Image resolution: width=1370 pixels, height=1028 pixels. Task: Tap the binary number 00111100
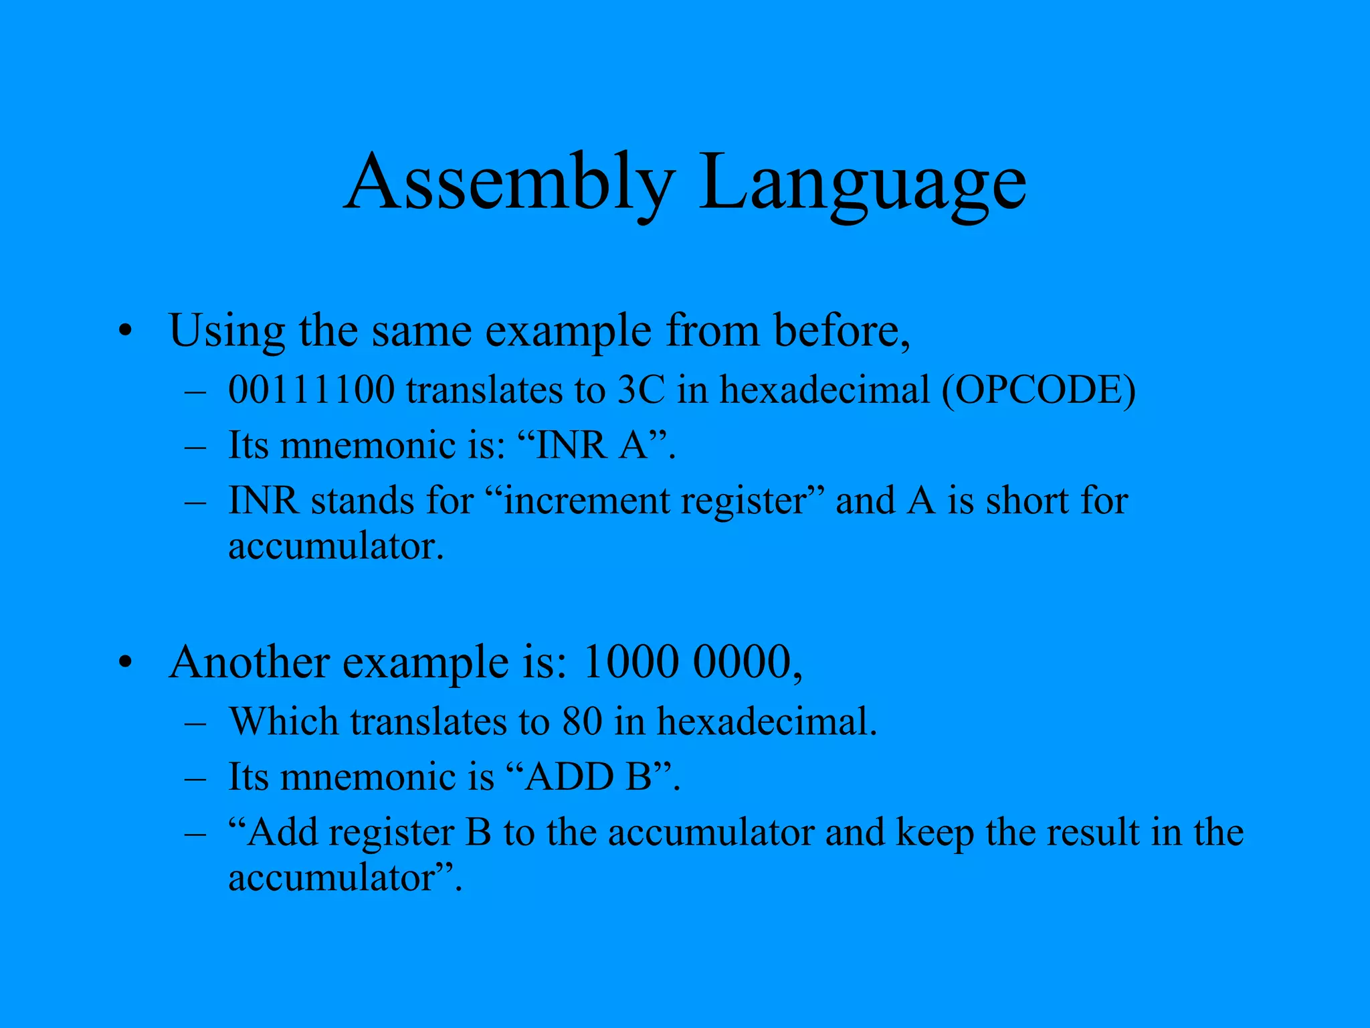(312, 390)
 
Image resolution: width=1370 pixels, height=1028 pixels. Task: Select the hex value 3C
(641, 390)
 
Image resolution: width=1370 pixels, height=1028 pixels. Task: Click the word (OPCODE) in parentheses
(1038, 390)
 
